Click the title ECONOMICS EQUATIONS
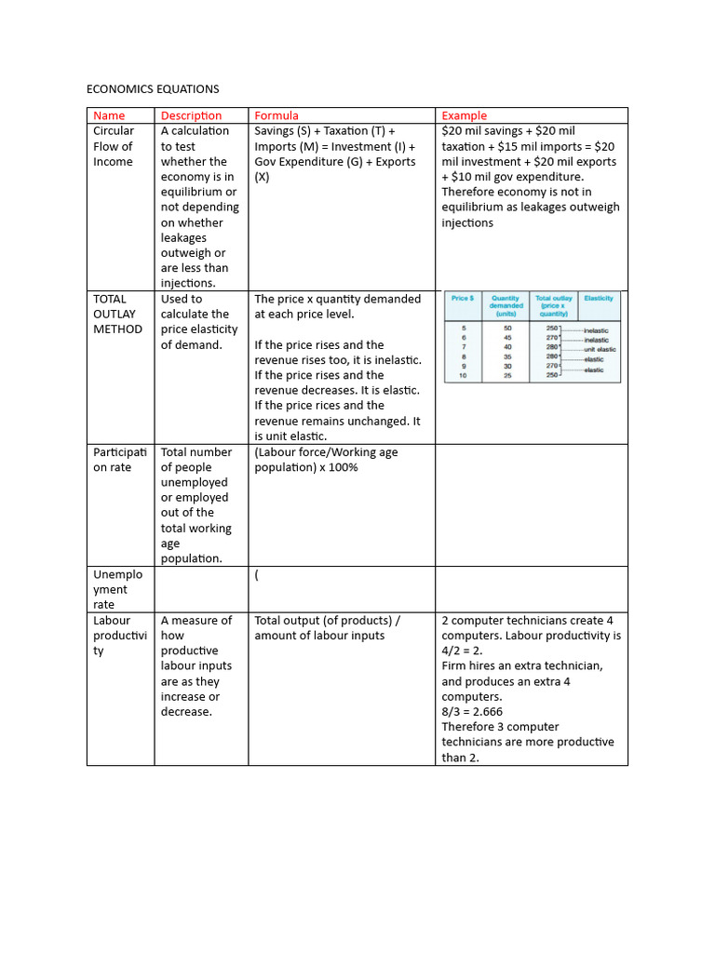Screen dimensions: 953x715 [153, 89]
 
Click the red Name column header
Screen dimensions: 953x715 [109, 115]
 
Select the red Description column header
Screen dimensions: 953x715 [191, 115]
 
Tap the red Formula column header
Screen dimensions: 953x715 [277, 115]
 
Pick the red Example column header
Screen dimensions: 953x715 [464, 115]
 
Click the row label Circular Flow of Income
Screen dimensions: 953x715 [114, 146]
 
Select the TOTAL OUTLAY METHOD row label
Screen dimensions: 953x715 [117, 314]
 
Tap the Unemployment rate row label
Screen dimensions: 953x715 [117, 589]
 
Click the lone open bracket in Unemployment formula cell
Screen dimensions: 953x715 [257, 575]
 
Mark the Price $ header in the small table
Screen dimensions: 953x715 [463, 299]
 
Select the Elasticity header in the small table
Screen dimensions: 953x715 [598, 299]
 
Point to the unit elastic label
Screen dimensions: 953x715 [600, 349]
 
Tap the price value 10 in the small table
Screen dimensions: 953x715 [463, 375]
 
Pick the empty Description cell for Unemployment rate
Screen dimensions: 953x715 [201, 589]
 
